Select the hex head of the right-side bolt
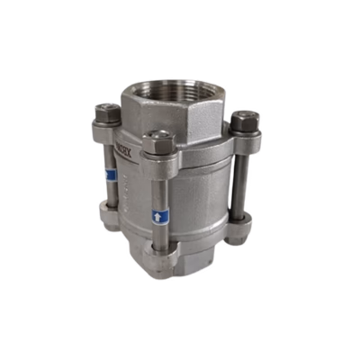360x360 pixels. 245,119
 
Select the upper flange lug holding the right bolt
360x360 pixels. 236,141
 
